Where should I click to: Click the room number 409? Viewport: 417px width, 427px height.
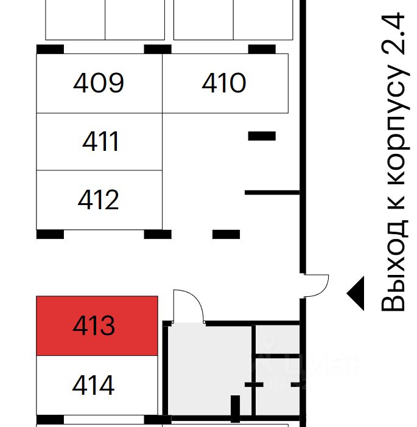[99, 83]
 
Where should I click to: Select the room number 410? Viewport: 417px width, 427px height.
[224, 83]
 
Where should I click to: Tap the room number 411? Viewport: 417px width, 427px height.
[101, 142]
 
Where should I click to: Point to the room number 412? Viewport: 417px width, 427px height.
[99, 200]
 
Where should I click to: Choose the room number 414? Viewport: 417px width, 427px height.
[93, 385]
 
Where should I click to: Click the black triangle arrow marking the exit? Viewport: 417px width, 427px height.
[356, 293]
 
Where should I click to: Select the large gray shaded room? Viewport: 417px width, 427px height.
[207, 371]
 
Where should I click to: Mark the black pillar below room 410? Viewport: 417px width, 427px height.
[262, 136]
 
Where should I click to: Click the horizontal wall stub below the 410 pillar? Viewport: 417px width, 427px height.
[272, 193]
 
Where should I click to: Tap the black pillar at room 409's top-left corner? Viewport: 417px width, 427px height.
[50, 49]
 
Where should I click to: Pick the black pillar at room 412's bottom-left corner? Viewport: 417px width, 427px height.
[50, 234]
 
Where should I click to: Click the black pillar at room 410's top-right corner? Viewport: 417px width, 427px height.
[262, 49]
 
